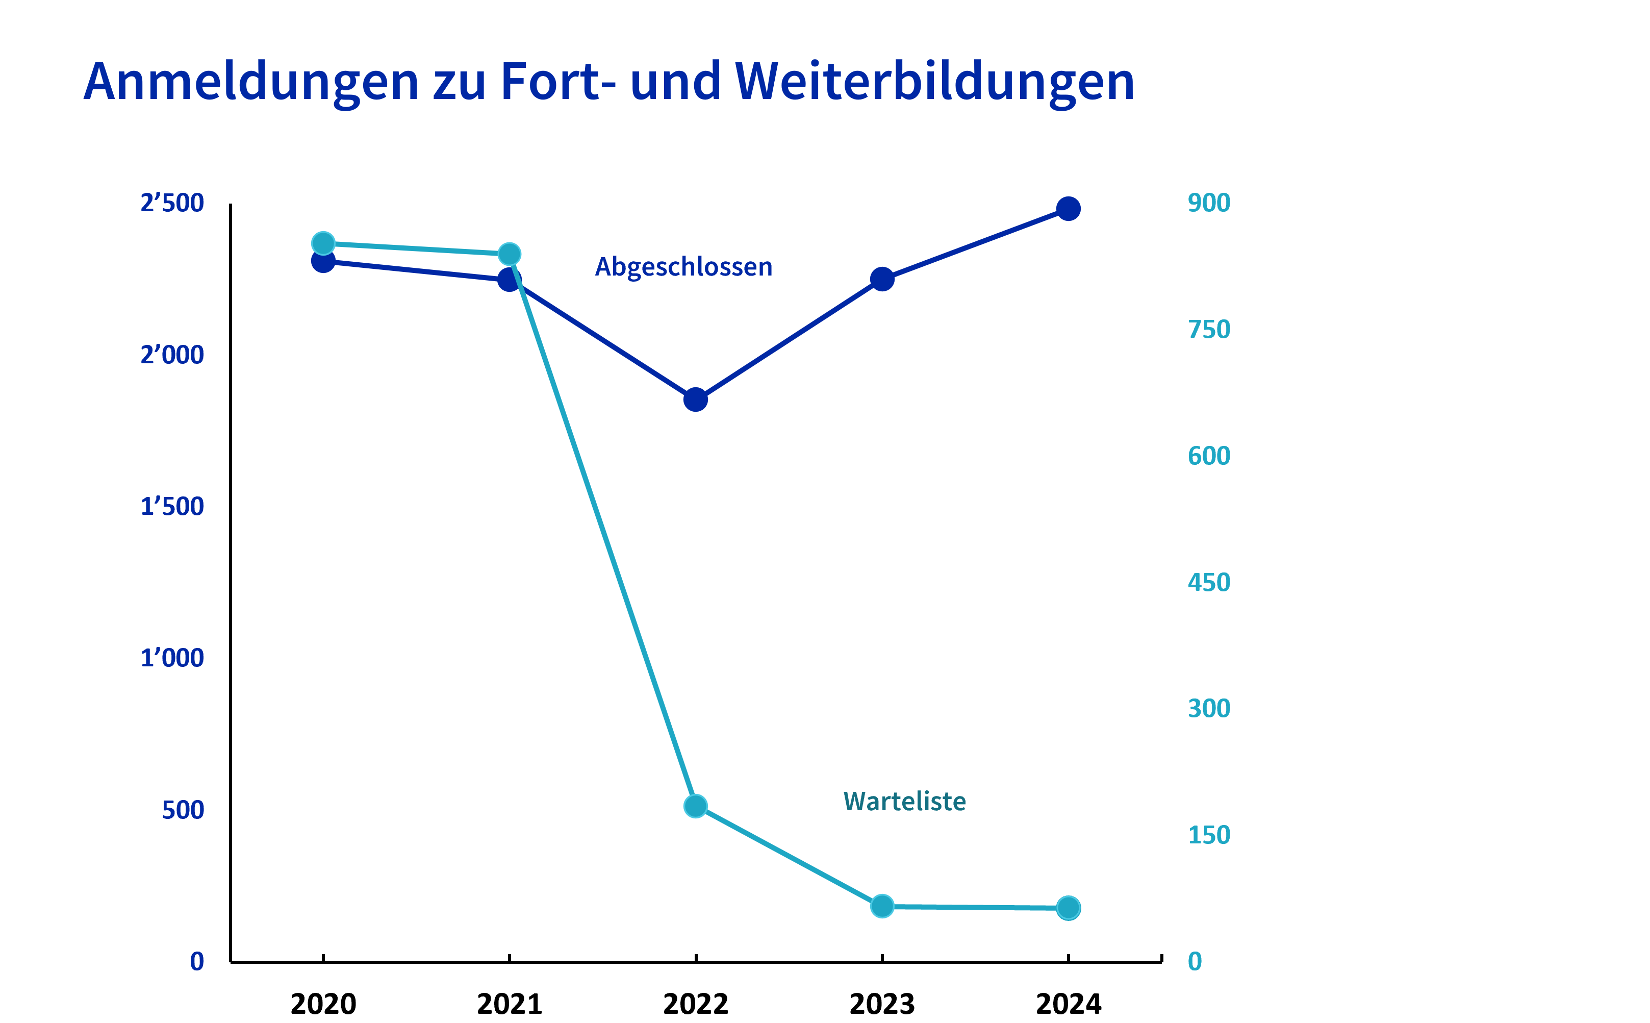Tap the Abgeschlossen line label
pyautogui.click(x=683, y=267)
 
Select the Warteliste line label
pyautogui.click(x=904, y=801)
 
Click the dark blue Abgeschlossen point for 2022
pyautogui.click(x=695, y=400)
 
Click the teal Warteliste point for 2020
pyautogui.click(x=323, y=243)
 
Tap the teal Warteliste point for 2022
pyautogui.click(x=695, y=806)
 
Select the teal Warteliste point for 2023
pyautogui.click(x=882, y=906)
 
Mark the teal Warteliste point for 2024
pyautogui.click(x=1068, y=908)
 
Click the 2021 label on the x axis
pyautogui.click(x=509, y=1004)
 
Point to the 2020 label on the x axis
pyautogui.click(x=323, y=1004)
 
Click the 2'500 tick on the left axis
pyautogui.click(x=172, y=203)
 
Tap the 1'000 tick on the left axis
pyautogui.click(x=172, y=658)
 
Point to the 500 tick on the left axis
pyautogui.click(x=183, y=810)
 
